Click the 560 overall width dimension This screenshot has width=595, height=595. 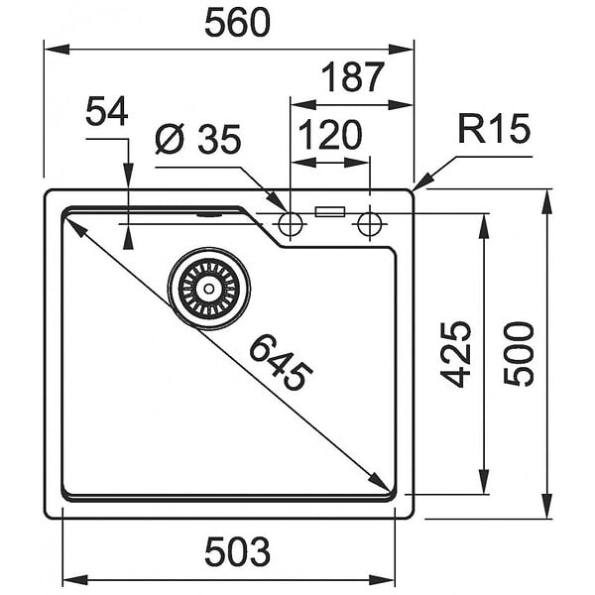(238, 23)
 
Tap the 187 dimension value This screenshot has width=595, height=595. (353, 77)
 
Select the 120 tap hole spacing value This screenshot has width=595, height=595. (330, 134)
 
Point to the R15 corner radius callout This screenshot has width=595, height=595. (493, 128)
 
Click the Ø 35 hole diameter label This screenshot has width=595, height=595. (197, 139)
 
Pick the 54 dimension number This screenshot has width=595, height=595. (107, 111)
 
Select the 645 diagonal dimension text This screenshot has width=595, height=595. (281, 362)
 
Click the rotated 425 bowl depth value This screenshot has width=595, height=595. (455, 354)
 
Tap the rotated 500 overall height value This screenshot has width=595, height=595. (519, 354)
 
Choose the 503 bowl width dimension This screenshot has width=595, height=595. (238, 551)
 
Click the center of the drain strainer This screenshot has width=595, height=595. (209, 289)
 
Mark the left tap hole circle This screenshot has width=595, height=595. (291, 224)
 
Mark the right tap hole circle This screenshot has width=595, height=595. (370, 224)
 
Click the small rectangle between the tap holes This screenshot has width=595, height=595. (330, 212)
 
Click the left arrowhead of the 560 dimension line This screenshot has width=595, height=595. (57, 49)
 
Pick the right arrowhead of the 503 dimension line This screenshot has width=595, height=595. (382, 579)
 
